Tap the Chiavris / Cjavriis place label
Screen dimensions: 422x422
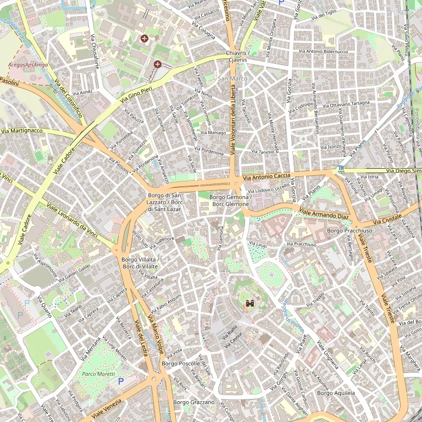tap(237, 56)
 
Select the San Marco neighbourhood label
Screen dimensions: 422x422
tap(232, 79)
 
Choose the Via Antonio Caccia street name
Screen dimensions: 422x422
tap(266, 176)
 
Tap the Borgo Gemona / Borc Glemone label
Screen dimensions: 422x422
tap(230, 201)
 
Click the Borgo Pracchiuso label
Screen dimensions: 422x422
tap(349, 231)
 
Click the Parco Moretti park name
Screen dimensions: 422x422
tap(96, 374)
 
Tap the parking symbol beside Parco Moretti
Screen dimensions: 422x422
tap(121, 381)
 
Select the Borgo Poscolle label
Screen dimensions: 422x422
tap(181, 364)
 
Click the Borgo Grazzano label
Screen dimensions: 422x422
tap(193, 402)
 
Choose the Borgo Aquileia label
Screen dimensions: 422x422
tap(336, 393)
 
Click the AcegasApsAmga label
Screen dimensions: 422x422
tap(28, 64)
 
